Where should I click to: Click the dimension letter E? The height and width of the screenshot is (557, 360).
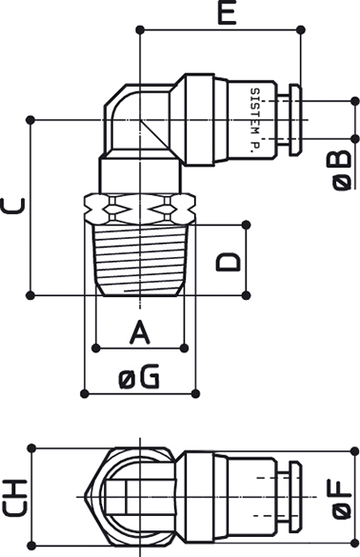pos(228,12)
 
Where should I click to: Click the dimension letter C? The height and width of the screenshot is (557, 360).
pos(13,206)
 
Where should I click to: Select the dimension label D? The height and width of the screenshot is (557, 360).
pos(229,262)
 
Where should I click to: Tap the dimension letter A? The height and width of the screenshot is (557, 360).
pos(140,332)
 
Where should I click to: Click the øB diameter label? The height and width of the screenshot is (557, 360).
pos(342,170)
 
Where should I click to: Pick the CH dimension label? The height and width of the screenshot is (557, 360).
pos(15,497)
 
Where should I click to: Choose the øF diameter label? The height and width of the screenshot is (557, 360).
pos(340,499)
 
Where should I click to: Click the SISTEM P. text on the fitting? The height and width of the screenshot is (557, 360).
pos(255,121)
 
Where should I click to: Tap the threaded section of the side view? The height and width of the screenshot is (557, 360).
pos(140,260)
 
